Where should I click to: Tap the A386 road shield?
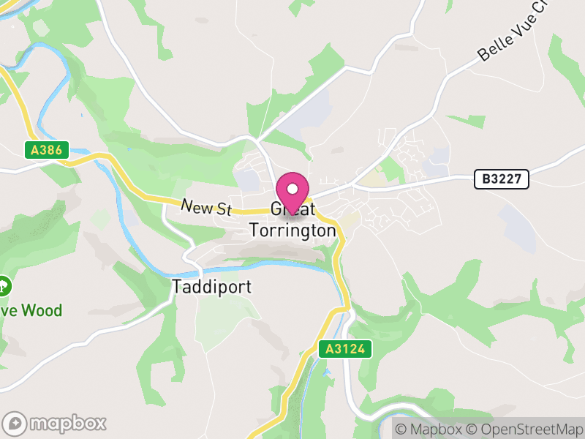[45, 151]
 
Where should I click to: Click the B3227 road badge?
[501, 179]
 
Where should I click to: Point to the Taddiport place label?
[211, 286]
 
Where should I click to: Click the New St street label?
[206, 208]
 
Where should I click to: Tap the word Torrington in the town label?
[292, 230]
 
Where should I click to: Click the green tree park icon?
[4, 285]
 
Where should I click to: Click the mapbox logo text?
[67, 423]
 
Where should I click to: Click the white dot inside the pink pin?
[292, 188]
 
